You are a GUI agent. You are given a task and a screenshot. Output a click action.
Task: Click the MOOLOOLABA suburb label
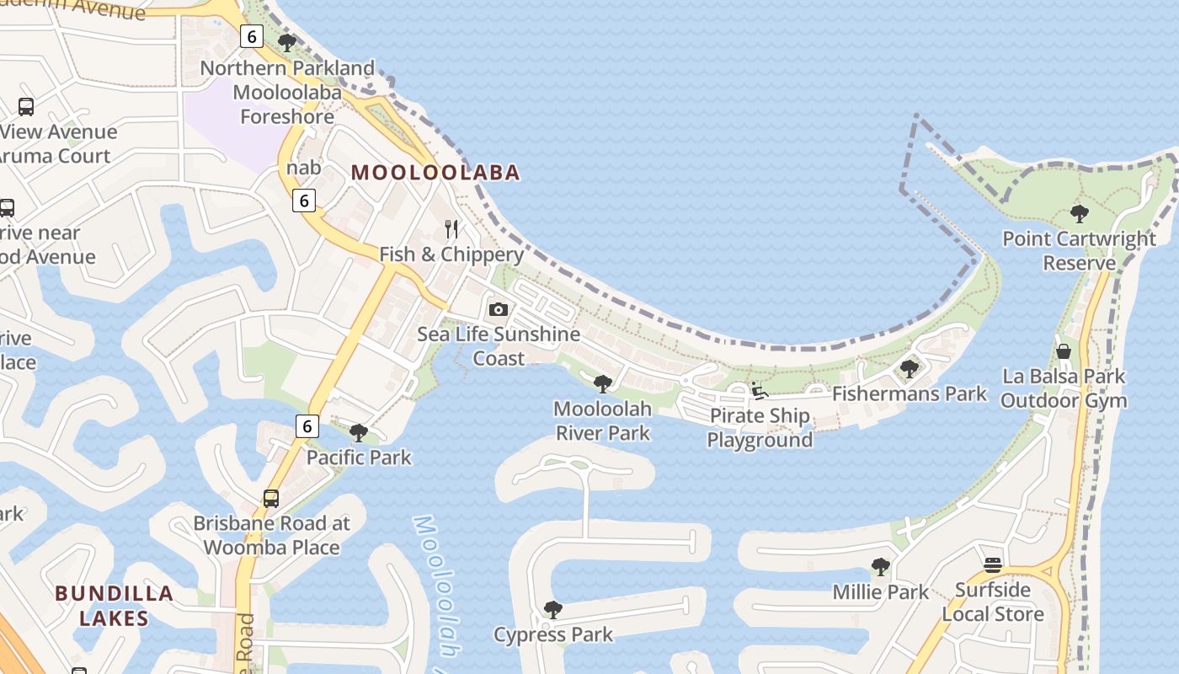pos(435,173)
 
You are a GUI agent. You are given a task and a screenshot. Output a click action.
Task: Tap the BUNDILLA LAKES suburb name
pos(114,605)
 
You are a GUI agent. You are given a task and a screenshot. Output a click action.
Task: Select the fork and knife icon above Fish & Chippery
pos(451,228)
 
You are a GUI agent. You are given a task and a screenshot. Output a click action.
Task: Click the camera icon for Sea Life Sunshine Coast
pos(499,309)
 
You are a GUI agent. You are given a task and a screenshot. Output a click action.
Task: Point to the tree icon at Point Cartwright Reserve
pos(1079,214)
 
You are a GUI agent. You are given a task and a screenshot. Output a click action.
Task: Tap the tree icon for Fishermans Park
pos(909,368)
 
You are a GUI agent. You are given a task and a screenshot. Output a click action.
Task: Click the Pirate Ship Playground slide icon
pos(759,390)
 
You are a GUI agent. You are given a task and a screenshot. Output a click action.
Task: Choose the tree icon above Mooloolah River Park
pos(602,384)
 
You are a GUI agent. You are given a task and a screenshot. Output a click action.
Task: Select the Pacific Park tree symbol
pos(359,433)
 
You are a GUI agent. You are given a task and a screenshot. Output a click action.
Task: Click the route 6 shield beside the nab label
pos(305,200)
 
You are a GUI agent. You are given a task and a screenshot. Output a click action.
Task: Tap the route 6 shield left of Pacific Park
pos(307,426)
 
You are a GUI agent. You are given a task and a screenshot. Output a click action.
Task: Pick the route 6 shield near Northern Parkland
pos(252,36)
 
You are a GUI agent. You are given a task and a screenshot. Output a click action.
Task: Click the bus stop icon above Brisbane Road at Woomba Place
pos(270,498)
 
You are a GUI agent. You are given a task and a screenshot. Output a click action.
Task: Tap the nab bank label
pos(303,168)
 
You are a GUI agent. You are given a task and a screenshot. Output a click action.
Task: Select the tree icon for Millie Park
pos(880,567)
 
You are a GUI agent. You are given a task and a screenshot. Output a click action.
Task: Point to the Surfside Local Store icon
pos(993,564)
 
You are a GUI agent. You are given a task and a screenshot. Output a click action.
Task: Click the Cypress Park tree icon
pos(552,609)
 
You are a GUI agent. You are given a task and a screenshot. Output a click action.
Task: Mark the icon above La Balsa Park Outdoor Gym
pos(1064,350)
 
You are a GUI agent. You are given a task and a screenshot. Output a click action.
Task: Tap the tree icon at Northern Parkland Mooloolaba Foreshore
pos(287,42)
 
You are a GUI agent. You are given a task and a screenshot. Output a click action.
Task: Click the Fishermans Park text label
pos(910,393)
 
